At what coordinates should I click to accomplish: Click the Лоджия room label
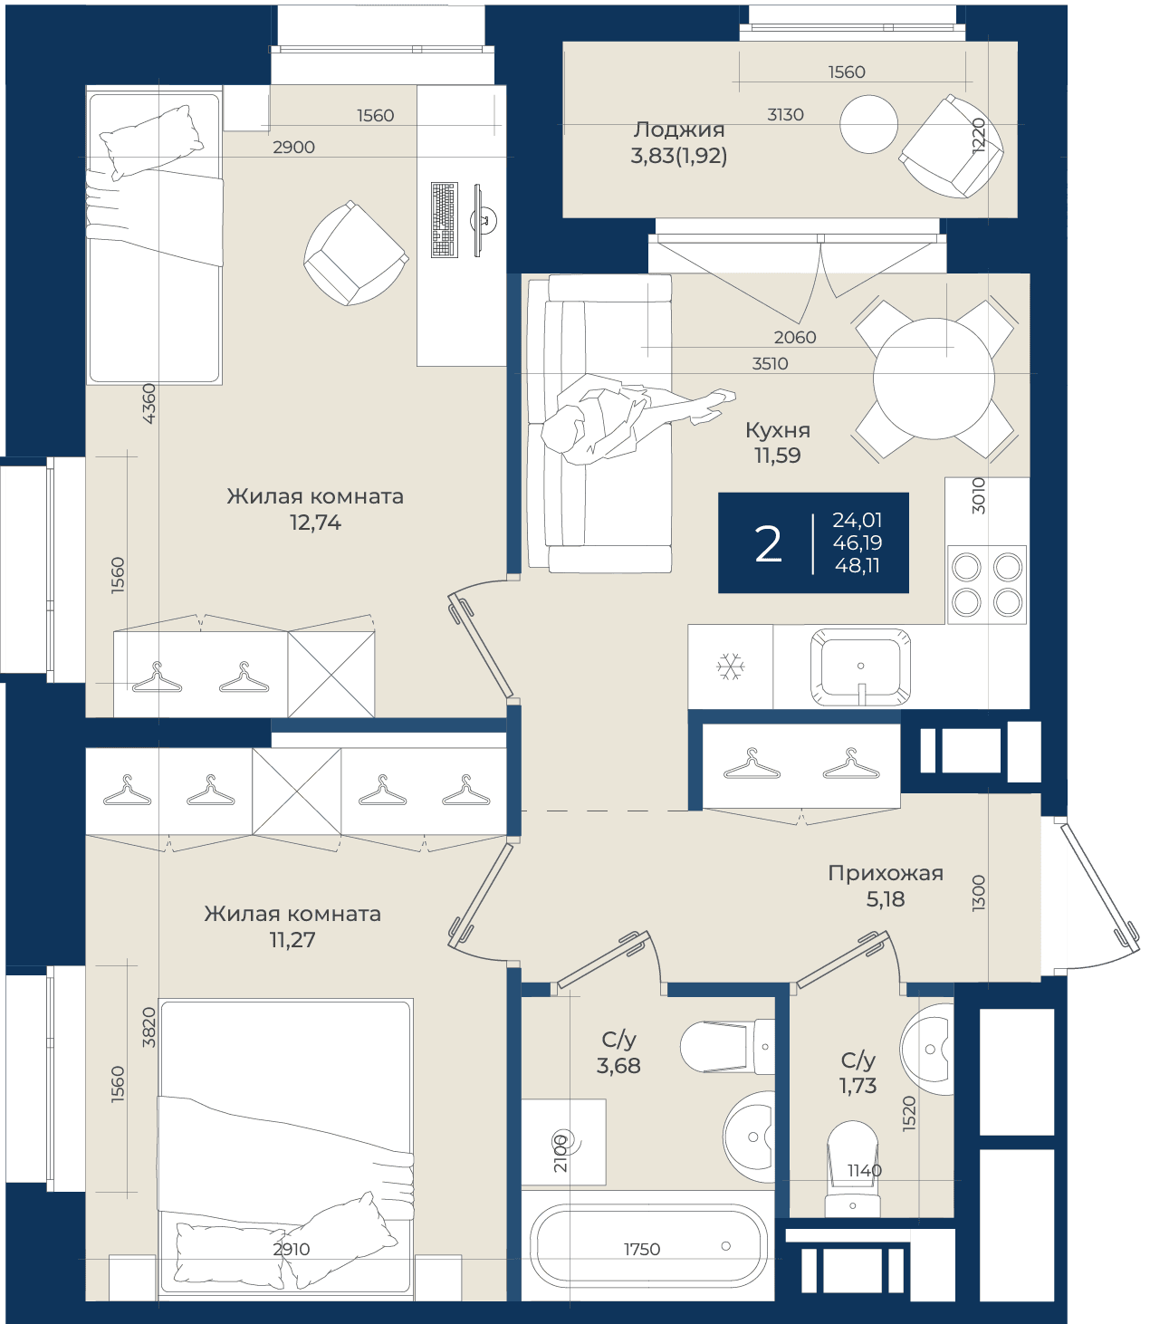point(678,130)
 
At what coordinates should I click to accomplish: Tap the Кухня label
point(778,430)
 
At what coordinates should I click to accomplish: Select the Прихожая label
point(886,874)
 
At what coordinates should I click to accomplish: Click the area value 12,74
point(315,523)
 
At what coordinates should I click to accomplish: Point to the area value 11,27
point(292,940)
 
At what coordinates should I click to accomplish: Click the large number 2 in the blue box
point(768,544)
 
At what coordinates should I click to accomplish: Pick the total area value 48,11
point(857,566)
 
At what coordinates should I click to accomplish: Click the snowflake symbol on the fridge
point(730,667)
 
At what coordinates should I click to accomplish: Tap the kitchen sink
point(860,667)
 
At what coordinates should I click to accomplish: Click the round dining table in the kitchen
point(934,379)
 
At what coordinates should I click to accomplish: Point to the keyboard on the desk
point(445,220)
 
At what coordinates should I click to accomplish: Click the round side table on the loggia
point(868,124)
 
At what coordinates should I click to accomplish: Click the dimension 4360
point(149,404)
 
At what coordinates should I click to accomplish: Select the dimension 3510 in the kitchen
point(770,364)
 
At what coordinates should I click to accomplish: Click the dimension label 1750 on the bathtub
point(642,1249)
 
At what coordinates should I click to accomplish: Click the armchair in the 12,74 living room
point(355,253)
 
